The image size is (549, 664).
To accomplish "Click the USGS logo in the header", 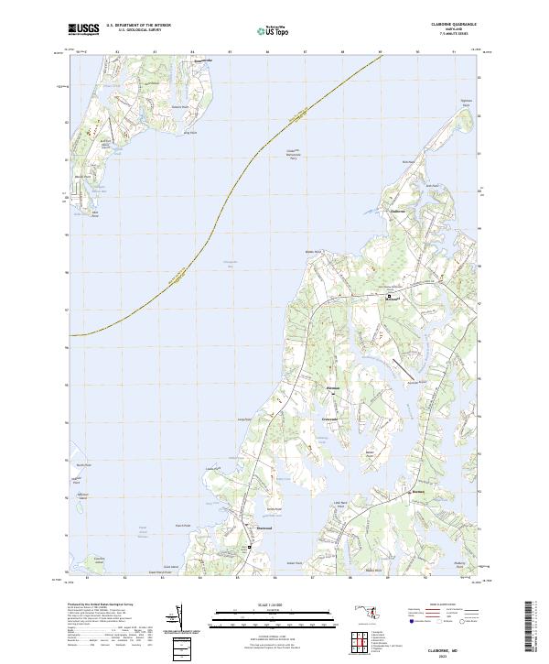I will [83, 29].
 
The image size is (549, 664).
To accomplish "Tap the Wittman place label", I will [333, 390].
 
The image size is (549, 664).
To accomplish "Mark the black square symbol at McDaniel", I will [388, 296].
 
